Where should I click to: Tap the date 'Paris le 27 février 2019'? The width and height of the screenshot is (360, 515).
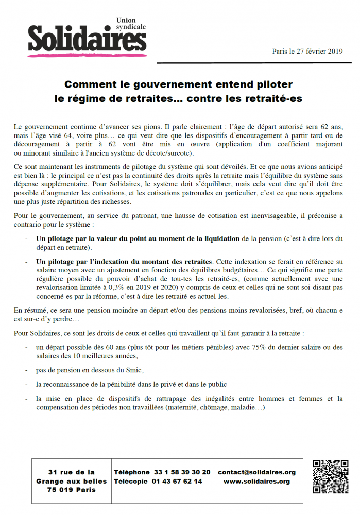(x=307, y=51)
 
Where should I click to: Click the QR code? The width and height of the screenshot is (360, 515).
(x=330, y=476)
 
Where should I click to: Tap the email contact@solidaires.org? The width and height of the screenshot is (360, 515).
(x=256, y=472)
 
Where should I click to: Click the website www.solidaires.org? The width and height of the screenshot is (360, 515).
(x=256, y=482)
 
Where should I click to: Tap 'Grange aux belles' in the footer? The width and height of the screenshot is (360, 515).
(x=71, y=481)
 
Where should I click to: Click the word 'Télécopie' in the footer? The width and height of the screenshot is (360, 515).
(x=131, y=482)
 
